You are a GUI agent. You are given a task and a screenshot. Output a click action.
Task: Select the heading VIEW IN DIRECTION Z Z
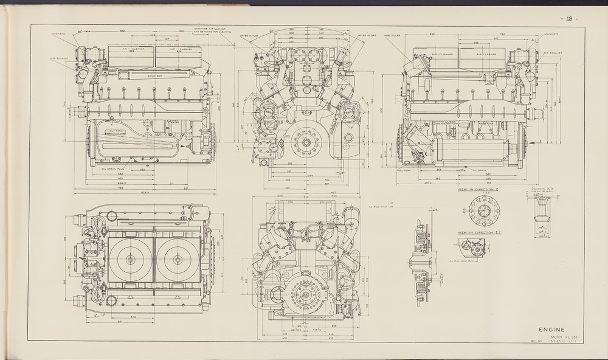click(478, 233)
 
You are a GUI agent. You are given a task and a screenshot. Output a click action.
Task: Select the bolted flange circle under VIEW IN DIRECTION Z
click(485, 212)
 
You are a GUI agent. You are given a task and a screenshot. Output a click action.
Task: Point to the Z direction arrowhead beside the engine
click(541, 141)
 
